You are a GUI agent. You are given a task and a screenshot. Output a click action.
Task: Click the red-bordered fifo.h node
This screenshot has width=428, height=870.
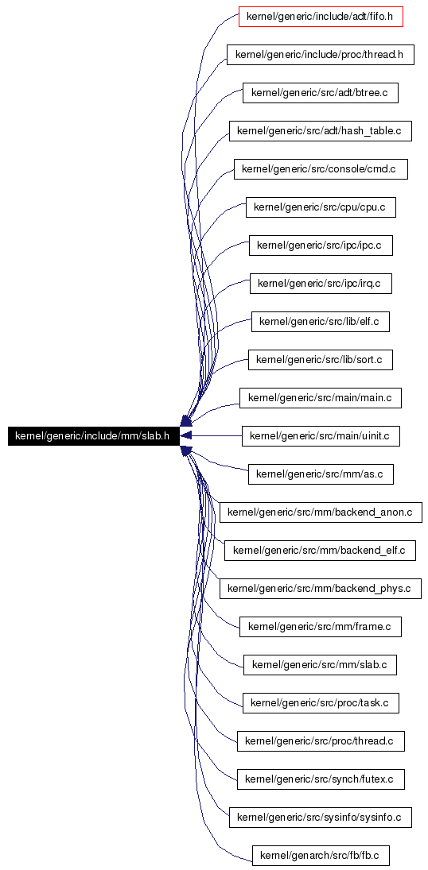tap(320, 17)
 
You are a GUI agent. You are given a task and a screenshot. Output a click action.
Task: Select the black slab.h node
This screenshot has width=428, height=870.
tap(92, 436)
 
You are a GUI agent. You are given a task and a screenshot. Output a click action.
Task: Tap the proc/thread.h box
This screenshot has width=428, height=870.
tap(320, 55)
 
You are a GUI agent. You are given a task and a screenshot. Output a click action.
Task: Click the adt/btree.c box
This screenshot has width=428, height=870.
tap(320, 93)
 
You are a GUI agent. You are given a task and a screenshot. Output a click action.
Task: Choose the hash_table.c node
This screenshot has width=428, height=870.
tap(320, 132)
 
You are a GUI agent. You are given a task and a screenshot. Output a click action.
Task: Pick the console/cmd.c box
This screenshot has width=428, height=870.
tap(320, 169)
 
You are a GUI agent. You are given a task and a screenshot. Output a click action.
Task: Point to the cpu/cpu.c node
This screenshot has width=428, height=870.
tap(320, 207)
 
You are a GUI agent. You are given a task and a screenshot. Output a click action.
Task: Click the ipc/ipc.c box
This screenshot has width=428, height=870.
tap(320, 246)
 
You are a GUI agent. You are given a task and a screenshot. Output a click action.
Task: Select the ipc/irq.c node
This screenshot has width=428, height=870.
tap(320, 284)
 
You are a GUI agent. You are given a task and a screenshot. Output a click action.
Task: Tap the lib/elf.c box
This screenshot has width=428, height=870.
tap(320, 322)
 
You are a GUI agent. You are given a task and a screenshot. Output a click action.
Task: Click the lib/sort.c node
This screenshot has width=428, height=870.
tap(320, 360)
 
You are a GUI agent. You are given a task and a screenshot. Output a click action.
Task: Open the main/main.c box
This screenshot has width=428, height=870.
tap(320, 398)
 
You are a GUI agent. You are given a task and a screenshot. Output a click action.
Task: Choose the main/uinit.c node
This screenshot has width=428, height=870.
tap(320, 436)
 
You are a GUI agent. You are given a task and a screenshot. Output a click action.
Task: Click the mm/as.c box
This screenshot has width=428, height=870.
tap(320, 474)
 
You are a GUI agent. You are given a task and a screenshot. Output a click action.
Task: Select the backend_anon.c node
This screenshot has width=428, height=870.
tap(320, 512)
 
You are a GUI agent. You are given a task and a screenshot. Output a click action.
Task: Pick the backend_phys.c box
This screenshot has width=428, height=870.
tap(320, 589)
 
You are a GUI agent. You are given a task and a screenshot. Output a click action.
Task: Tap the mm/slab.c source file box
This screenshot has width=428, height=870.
tap(320, 665)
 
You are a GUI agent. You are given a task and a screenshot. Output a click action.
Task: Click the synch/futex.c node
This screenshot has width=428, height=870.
tap(320, 779)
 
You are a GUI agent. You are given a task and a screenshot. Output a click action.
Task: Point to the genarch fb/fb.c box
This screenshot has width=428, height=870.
tap(320, 856)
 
